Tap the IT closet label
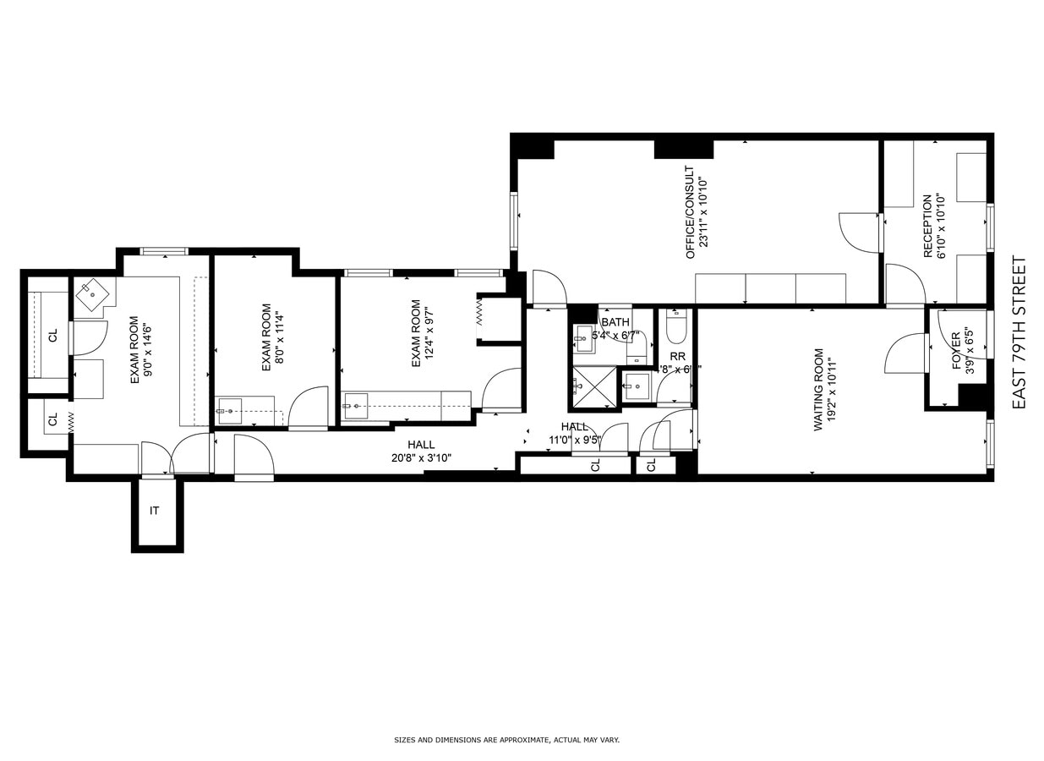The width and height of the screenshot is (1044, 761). pos(155,511)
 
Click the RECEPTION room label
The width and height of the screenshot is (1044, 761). pos(927,227)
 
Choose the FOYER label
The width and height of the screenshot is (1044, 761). pos(956,351)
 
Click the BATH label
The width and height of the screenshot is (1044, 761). pos(615,322)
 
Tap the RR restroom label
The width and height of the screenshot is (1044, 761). pos(677,356)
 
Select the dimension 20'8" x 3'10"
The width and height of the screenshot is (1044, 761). pos(420,458)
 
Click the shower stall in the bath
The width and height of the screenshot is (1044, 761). pos(595,387)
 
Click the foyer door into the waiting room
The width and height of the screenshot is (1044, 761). pos(906,353)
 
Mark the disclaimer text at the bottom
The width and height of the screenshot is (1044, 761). pos(507,740)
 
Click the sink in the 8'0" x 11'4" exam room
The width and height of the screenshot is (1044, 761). pos(229,411)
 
